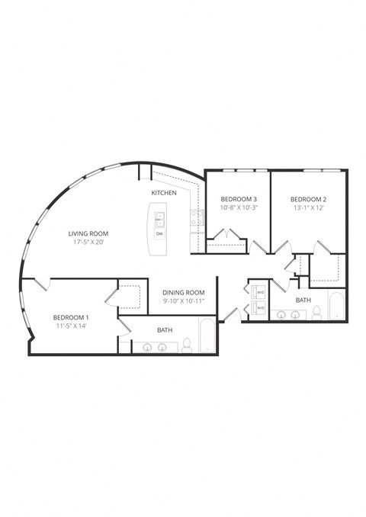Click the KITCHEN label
164,193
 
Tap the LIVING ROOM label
88,233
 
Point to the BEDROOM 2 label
309,197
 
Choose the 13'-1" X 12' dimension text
309,207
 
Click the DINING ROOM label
185,292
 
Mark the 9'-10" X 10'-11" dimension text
185,302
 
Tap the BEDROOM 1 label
71,316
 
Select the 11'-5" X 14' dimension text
71,326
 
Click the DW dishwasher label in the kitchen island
159,234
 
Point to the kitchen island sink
160,220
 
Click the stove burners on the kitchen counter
195,219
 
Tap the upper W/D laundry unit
257,292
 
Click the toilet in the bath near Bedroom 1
185,347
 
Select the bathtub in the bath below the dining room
208,336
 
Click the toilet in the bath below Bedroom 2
316,313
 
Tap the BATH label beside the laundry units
303,300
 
